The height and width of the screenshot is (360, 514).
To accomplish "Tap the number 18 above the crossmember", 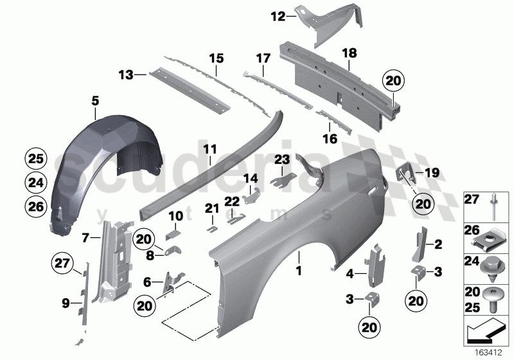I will (349, 54).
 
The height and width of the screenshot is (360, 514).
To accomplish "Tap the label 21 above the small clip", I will (212, 207).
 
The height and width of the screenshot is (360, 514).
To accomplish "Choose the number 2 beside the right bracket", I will (439, 244).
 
